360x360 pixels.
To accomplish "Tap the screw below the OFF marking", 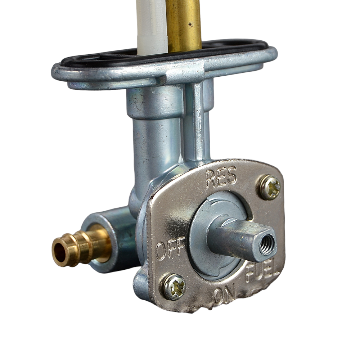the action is pos(175,287).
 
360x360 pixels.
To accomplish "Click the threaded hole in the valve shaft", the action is pos(266,244).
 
